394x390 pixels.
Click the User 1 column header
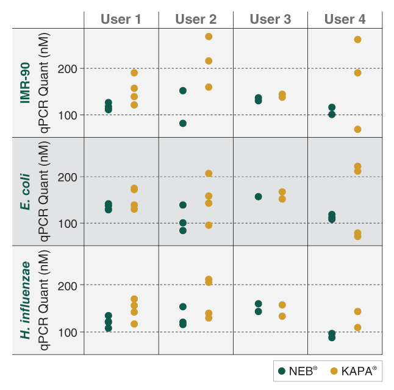coord(121,19)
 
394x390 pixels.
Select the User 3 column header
coord(270,19)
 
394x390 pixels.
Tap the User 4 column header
coord(345,19)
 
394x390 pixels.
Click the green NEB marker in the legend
coord(282,370)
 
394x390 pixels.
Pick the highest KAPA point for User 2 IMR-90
coord(209,37)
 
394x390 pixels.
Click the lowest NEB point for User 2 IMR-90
coord(182,123)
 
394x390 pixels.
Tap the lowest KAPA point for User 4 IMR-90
coord(357,129)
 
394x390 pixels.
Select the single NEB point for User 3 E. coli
coord(258,197)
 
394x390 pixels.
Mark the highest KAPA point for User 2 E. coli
coord(209,174)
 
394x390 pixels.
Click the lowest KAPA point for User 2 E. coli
coord(209,225)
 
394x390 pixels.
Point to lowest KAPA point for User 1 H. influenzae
coord(134,324)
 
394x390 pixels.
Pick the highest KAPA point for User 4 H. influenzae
coord(357,311)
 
